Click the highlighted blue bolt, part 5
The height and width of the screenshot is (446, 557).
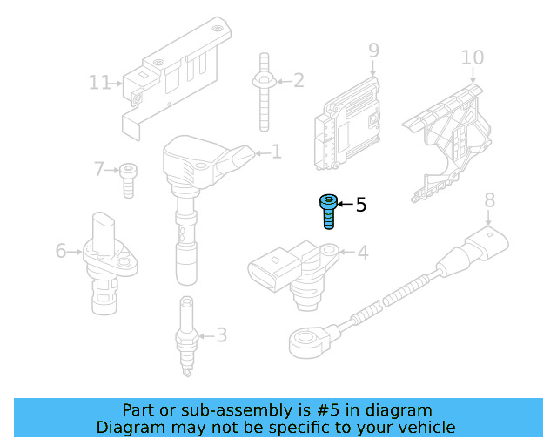point(328,210)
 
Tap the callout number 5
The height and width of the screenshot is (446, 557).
point(361,206)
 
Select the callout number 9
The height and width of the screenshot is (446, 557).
point(373,51)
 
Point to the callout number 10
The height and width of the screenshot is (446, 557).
point(472,57)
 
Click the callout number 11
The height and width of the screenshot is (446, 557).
point(100,83)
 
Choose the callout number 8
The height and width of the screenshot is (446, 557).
point(489,199)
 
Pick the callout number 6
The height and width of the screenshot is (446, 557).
point(61,251)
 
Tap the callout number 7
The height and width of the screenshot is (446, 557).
point(98,168)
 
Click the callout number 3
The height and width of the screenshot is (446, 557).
point(221,334)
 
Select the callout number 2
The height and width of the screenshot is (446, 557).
point(299,81)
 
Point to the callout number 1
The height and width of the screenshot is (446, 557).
point(277,152)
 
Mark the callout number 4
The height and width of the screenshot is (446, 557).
point(362,253)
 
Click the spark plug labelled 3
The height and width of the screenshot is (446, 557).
point(185,337)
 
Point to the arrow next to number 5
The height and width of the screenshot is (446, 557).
point(344,205)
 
